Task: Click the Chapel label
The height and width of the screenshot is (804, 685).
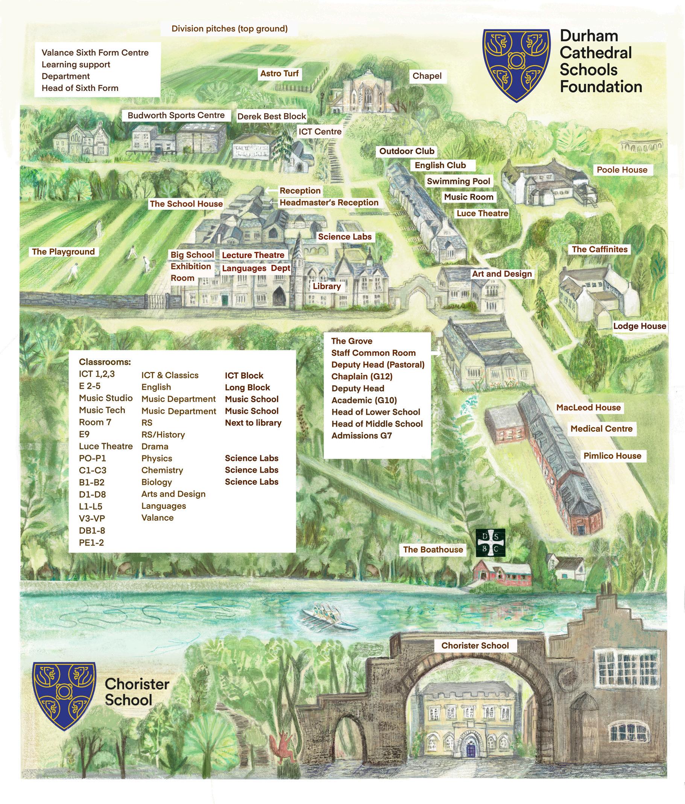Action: point(427,76)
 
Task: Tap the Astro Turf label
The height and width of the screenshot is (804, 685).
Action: point(279,73)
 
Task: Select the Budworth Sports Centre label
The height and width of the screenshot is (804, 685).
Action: point(176,115)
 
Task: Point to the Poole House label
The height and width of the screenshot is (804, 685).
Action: point(622,170)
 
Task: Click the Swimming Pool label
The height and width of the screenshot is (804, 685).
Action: point(458,181)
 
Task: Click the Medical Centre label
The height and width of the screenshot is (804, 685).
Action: point(601,428)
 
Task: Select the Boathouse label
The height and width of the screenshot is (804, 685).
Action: point(433,549)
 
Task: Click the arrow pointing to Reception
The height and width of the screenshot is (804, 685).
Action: point(272,190)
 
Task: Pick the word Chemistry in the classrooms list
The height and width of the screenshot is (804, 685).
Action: point(162,470)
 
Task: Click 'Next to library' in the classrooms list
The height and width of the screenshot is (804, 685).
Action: point(253,423)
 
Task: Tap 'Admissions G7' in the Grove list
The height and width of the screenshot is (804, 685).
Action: point(361,435)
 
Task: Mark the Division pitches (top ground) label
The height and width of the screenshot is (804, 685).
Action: point(229,29)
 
